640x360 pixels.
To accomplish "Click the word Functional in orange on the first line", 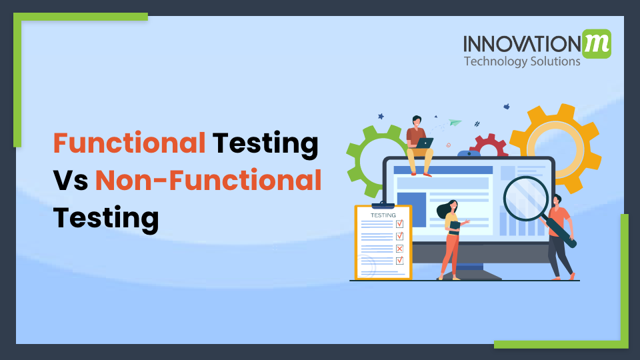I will (129, 143).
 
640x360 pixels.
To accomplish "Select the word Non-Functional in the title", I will (208, 181).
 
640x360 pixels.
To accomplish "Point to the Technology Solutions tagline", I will (522, 61).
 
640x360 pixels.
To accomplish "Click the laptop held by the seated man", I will (423, 143).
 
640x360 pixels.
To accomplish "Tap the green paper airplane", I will (455, 123).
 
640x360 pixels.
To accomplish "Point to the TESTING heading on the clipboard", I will (383, 215).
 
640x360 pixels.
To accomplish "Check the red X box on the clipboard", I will (399, 249).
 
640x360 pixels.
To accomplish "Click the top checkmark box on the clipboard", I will (399, 224).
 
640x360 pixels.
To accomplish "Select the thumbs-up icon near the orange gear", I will (507, 106).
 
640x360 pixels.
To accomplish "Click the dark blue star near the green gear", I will (381, 116).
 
